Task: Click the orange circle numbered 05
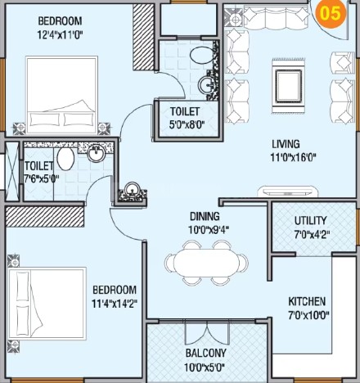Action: [x=331, y=13]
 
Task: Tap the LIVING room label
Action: [x=286, y=144]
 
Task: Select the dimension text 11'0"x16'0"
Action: [x=293, y=158]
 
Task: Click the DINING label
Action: [x=205, y=217]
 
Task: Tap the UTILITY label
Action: [x=311, y=221]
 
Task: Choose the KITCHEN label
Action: [x=307, y=302]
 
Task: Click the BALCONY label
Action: [x=206, y=354]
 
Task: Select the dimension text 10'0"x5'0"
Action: [x=205, y=367]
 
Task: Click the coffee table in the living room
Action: [x=289, y=86]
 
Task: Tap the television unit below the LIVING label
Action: [x=288, y=191]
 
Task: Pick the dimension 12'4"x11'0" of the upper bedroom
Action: [x=60, y=35]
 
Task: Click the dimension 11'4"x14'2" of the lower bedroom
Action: [x=115, y=304]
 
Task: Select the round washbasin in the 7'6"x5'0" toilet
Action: [x=96, y=153]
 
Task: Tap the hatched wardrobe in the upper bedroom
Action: [x=143, y=38]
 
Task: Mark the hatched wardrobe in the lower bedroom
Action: [x=45, y=217]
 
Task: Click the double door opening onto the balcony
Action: [x=207, y=332]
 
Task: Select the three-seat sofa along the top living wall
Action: [x=276, y=17]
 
